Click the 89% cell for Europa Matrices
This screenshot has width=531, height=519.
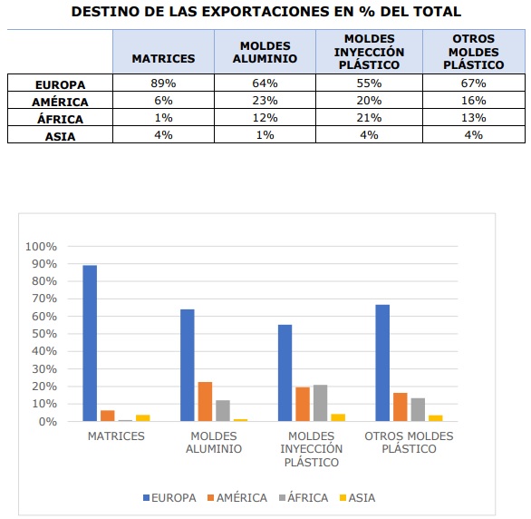point(163,83)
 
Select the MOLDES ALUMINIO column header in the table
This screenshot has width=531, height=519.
point(265,53)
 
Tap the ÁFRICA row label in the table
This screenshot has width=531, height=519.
point(60,118)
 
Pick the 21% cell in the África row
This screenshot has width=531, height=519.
point(369,118)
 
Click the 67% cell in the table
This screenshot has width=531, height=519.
point(473,83)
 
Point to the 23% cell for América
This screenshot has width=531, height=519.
point(265,101)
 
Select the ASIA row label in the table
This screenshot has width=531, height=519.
point(60,135)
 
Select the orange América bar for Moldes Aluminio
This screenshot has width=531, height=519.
point(205,401)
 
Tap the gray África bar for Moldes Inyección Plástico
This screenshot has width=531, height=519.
point(320,403)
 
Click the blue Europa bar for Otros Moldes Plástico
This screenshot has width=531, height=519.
point(382,363)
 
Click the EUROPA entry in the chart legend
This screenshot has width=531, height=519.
point(169,497)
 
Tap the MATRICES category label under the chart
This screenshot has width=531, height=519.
point(116,436)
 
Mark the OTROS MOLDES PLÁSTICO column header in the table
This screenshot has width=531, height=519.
point(473,53)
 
